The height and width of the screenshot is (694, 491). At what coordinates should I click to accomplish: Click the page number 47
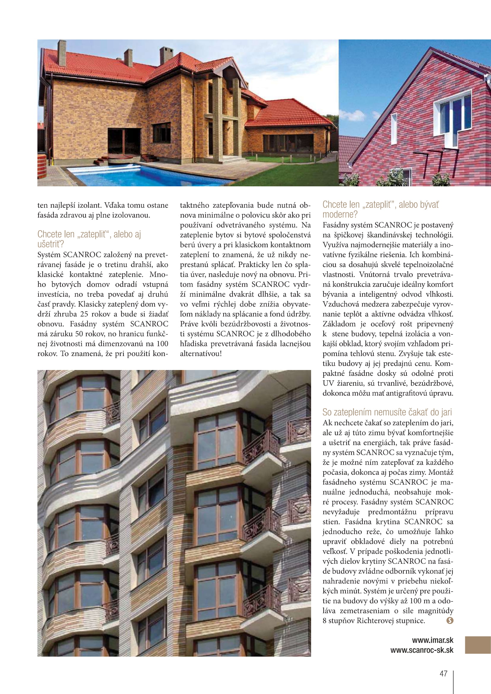coord(443,674)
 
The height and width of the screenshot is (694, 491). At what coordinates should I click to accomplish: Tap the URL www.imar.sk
coord(432,640)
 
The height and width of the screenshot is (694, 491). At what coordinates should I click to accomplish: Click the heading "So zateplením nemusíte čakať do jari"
coord(387,412)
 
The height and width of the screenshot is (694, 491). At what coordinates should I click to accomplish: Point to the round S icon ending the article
coord(450,620)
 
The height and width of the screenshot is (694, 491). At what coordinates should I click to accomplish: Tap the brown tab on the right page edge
coord(478,645)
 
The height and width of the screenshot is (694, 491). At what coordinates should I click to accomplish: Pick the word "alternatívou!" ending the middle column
coord(201,354)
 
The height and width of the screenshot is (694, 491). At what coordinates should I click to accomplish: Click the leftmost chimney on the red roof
coord(62,53)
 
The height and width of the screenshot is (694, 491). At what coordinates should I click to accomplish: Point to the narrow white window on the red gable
coord(394,129)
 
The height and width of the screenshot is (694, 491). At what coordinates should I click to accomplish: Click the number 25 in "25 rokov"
coord(85,314)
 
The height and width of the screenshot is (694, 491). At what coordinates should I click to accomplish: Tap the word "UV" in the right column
coord(328,384)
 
